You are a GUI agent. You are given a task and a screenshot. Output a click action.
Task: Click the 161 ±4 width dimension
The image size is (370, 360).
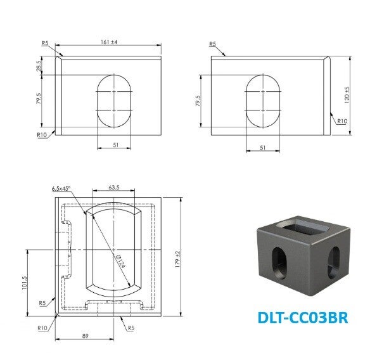pos(109,42)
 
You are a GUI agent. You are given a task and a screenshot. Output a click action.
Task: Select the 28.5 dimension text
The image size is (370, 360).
pos(39,65)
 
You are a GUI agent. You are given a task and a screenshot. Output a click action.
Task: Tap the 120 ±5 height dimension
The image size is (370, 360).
pos(347,95)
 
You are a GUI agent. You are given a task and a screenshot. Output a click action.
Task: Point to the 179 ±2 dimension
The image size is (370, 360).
pos(177,259)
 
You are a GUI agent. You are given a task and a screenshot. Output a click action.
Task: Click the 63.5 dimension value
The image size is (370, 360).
pos(114,188)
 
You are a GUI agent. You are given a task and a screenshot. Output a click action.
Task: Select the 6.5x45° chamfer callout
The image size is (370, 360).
pos(61,189)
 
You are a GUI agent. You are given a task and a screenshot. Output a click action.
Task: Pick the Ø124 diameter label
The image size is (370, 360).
pos(121,260)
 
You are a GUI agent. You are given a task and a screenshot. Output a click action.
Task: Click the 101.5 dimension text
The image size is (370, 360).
pos(25,283)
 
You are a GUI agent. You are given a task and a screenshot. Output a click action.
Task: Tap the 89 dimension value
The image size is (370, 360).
pos(85,336)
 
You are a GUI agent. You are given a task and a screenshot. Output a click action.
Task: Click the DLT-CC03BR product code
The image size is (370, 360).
pos(303,318)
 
